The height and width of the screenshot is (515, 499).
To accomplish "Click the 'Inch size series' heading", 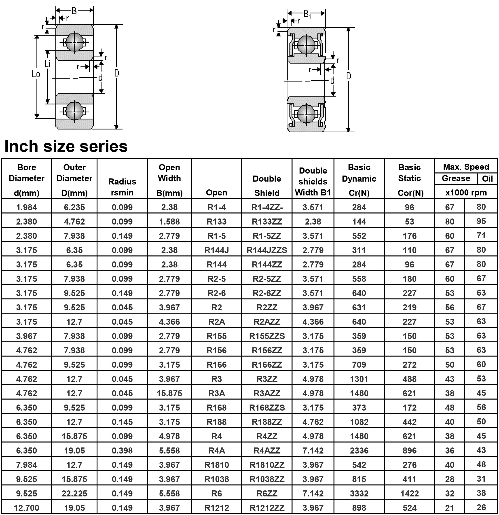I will coord(66,146).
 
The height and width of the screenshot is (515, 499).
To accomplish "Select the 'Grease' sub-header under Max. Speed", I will coord(456,178).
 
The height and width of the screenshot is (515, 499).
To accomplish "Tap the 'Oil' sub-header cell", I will coord(487,179).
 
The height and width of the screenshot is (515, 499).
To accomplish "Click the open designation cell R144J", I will coord(216,250).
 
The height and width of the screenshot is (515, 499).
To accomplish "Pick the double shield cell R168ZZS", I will coord(267,407).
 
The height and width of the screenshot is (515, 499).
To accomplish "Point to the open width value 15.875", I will coord(169,393).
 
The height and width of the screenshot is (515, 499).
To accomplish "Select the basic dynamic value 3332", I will coord(359,494).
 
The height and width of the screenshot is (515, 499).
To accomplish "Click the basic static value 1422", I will coord(409,494).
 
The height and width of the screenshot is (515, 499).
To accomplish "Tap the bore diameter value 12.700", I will coord(27,508).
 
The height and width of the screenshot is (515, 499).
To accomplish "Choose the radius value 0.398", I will coord(122,451).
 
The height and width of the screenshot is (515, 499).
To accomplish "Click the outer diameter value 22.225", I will coord(74,494).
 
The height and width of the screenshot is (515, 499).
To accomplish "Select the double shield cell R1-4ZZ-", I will coord(267,207).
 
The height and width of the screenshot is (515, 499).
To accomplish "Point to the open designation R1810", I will coord(216,465).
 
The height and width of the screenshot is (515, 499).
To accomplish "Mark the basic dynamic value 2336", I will coord(359,451).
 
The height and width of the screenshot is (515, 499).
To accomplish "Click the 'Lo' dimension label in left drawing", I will coord(36,74).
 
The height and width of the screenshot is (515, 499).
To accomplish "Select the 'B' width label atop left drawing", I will coord(74,11).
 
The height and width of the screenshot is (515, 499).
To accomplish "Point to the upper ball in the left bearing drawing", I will coord(75,42).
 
